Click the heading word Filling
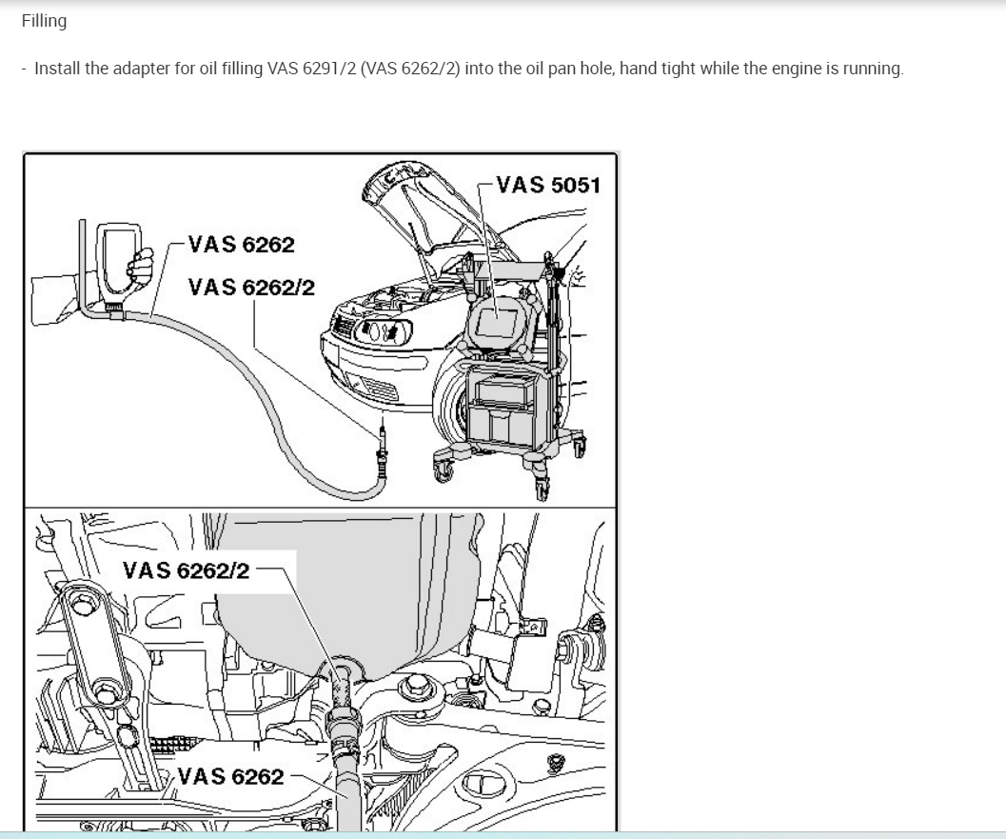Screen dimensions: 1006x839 pyautogui.click(x=44, y=21)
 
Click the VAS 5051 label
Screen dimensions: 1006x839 pyautogui.click(x=548, y=185)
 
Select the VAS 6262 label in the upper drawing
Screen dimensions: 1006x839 pyautogui.click(x=241, y=245)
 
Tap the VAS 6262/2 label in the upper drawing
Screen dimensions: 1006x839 pyautogui.click(x=251, y=287)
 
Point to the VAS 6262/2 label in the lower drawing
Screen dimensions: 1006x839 pyautogui.click(x=186, y=570)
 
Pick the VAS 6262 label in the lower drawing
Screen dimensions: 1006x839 pyautogui.click(x=230, y=777)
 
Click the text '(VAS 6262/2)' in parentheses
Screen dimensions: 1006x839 pyautogui.click(x=410, y=68)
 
